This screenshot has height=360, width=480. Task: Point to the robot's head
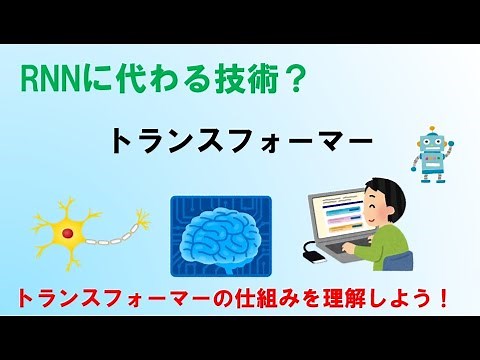coord(432,145)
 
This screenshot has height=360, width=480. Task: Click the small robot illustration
coord(432,156)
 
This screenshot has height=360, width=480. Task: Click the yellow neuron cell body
coord(67,230)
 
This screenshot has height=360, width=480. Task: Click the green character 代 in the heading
coord(115,78)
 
